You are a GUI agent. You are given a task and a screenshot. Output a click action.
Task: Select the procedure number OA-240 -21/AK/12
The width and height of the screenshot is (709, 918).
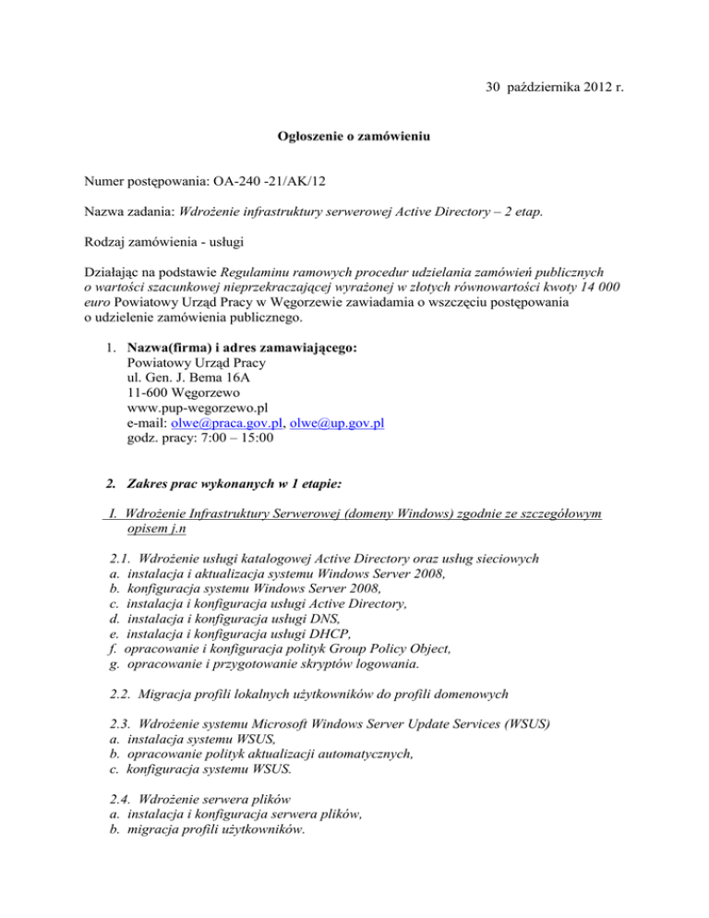215,184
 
